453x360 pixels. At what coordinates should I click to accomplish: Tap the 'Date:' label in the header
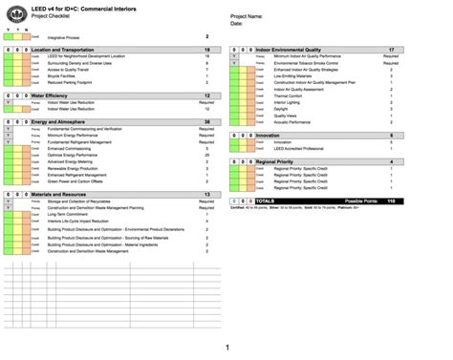click(236, 23)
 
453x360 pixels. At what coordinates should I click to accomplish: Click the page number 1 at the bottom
click(226, 348)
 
